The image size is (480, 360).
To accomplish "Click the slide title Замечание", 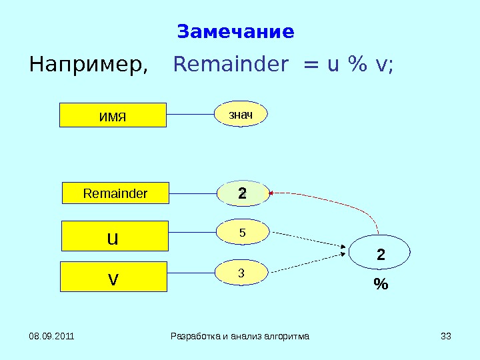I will pyautogui.click(x=235, y=32).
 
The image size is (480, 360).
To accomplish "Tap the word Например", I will pyautogui.click(x=87, y=65).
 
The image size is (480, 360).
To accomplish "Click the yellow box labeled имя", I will pyautogui.click(x=113, y=115).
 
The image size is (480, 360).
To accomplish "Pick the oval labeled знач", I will pyautogui.click(x=241, y=115).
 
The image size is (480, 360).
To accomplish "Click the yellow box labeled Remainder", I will pyautogui.click(x=115, y=193).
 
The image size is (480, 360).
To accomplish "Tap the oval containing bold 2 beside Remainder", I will pyautogui.click(x=243, y=194).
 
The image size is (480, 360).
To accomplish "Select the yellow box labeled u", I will pyautogui.click(x=114, y=236).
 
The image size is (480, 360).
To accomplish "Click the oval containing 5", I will pyautogui.click(x=243, y=233).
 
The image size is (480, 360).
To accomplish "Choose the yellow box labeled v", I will pyautogui.click(x=113, y=277).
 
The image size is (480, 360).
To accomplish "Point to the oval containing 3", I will pyautogui.click(x=242, y=272).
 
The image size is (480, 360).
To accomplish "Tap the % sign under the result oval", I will pyautogui.click(x=381, y=285).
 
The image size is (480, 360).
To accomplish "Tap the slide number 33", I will pyautogui.click(x=446, y=336).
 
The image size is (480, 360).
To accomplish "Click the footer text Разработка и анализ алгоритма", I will pyautogui.click(x=240, y=336).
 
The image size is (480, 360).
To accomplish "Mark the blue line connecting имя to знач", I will pyautogui.click(x=190, y=115).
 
